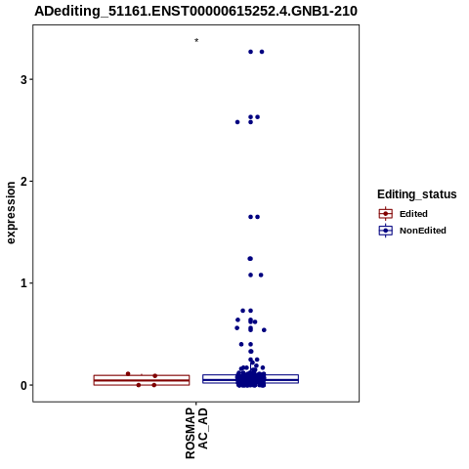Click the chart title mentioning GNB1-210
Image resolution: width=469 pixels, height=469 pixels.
[196, 11]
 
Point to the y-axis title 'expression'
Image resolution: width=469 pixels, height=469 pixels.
[11, 213]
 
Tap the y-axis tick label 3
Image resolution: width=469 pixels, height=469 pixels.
[23, 79]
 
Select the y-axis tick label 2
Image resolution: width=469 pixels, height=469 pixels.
[23, 182]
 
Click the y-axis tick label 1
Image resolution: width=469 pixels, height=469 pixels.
[23, 283]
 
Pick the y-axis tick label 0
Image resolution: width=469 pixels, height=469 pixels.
[23, 385]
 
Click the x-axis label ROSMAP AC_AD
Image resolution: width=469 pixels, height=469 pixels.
[196, 433]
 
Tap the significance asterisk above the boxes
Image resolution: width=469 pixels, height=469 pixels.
[196, 40]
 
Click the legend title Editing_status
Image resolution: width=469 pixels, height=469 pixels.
[417, 194]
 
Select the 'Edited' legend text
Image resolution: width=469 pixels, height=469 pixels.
[413, 214]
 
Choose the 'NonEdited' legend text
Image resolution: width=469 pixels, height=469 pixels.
[423, 231]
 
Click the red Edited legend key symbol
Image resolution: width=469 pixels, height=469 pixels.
[386, 214]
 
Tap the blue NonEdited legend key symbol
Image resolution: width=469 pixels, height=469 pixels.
[386, 231]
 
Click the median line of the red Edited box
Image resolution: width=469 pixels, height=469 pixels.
[142, 380]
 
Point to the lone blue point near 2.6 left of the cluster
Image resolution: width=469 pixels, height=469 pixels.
[237, 122]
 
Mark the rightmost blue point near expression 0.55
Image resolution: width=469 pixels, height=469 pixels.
[264, 330]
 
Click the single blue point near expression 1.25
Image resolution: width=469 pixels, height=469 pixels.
[250, 259]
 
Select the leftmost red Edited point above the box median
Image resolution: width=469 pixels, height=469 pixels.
[128, 373]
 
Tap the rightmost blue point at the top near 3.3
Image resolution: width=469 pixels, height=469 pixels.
[262, 52]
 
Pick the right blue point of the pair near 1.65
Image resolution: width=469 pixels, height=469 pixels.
[257, 217]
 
